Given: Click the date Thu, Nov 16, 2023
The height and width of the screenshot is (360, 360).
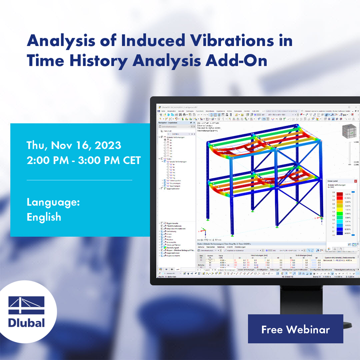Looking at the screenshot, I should (x=74, y=145).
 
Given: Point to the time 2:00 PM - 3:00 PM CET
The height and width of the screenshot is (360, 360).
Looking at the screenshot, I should (x=84, y=161).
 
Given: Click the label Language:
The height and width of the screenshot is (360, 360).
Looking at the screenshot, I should (x=53, y=202).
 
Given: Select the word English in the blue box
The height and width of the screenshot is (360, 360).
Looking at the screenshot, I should (x=44, y=217).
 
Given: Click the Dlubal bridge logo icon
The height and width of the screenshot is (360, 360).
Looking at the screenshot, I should (x=27, y=305).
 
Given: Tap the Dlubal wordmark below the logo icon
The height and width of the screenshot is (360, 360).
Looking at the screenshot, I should (x=27, y=323).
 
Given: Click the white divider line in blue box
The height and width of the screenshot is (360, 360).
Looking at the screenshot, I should (x=79, y=180).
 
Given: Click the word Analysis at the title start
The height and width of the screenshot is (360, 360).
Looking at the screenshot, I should (x=61, y=41).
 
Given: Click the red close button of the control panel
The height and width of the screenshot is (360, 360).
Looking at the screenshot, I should (x=355, y=181).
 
